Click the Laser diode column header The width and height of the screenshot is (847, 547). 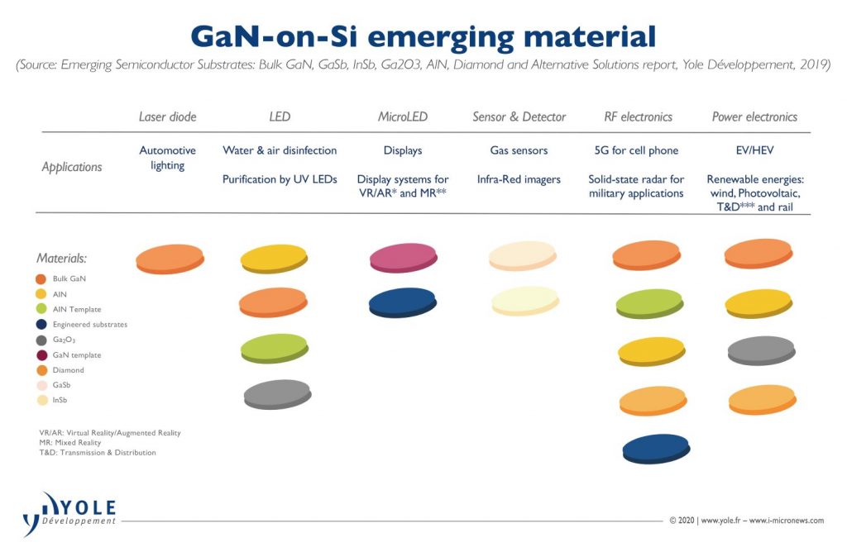(x=167, y=117)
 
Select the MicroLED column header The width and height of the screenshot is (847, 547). (x=403, y=117)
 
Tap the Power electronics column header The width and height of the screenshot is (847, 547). (x=754, y=117)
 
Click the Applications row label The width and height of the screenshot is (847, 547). (x=72, y=167)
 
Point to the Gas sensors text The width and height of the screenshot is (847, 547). (x=519, y=150)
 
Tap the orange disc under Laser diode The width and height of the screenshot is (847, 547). (x=170, y=259)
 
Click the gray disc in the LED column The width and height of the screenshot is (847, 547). (x=277, y=394)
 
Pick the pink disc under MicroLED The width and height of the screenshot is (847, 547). (x=403, y=258)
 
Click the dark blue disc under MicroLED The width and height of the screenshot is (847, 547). (x=403, y=302)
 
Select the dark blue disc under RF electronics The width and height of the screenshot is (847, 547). (x=655, y=448)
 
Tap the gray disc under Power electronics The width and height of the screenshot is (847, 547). (x=760, y=350)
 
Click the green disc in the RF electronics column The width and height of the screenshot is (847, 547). (x=649, y=303)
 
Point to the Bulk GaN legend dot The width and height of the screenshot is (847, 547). (x=41, y=279)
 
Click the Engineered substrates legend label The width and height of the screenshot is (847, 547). (x=89, y=325)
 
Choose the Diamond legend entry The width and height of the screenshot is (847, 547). (x=68, y=370)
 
